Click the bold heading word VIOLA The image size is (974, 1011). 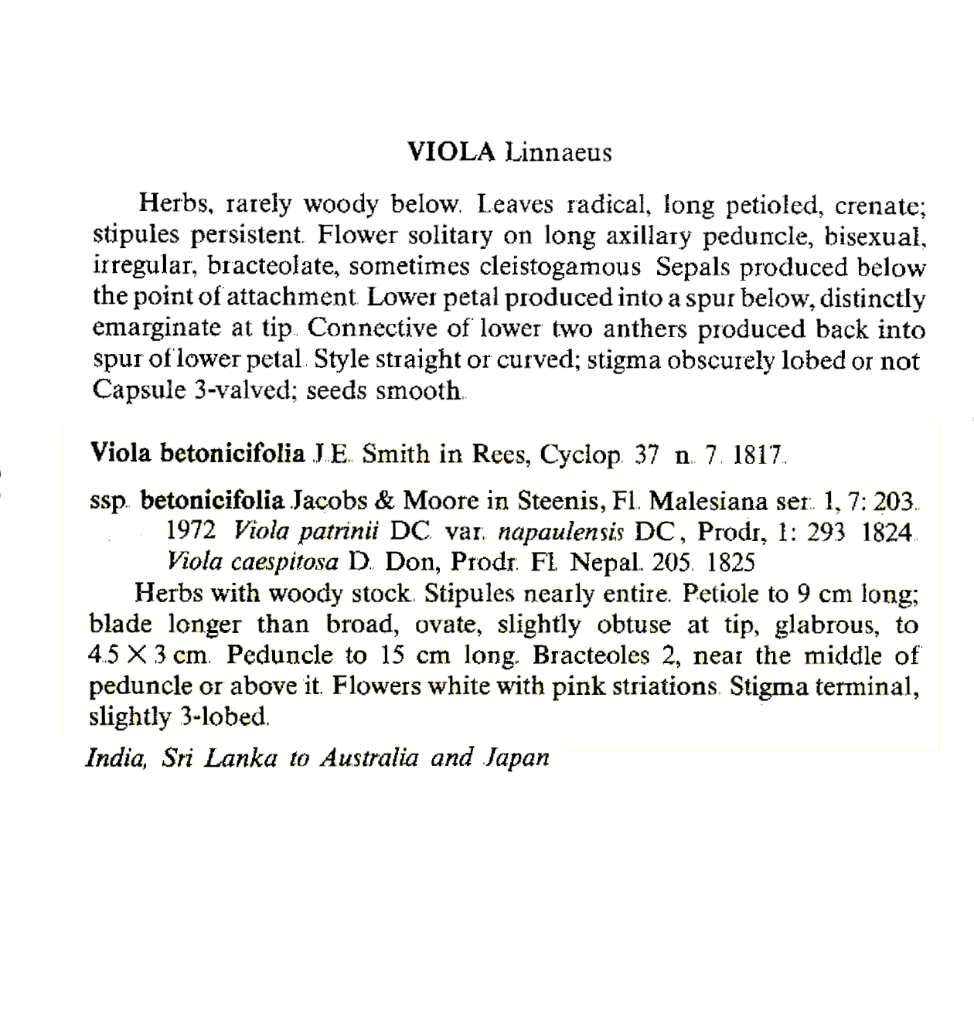pyautogui.click(x=451, y=152)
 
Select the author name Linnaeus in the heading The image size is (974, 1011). pyautogui.click(x=557, y=152)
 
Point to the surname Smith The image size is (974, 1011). pyautogui.click(x=396, y=454)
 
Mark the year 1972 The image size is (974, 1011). pyautogui.click(x=190, y=532)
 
